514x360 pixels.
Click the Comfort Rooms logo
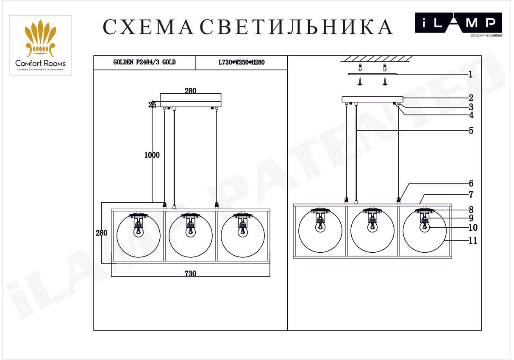(x=40, y=45)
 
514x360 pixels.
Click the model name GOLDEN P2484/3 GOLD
(x=144, y=62)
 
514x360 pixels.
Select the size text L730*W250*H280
(x=242, y=62)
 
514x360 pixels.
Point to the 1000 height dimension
(x=152, y=155)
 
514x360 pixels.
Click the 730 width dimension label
(x=190, y=273)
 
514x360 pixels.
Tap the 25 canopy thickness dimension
(x=152, y=105)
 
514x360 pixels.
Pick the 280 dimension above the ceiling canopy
(x=190, y=91)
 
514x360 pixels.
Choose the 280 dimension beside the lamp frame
(x=101, y=233)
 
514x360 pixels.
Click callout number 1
(x=471, y=74)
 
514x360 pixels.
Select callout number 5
(x=471, y=131)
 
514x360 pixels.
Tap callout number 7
(x=471, y=195)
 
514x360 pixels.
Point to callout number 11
(x=473, y=240)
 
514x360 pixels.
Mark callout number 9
(x=471, y=218)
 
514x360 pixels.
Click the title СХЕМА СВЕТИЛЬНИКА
(x=248, y=27)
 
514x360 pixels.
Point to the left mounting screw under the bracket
(x=360, y=81)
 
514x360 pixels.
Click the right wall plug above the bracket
(x=385, y=67)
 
